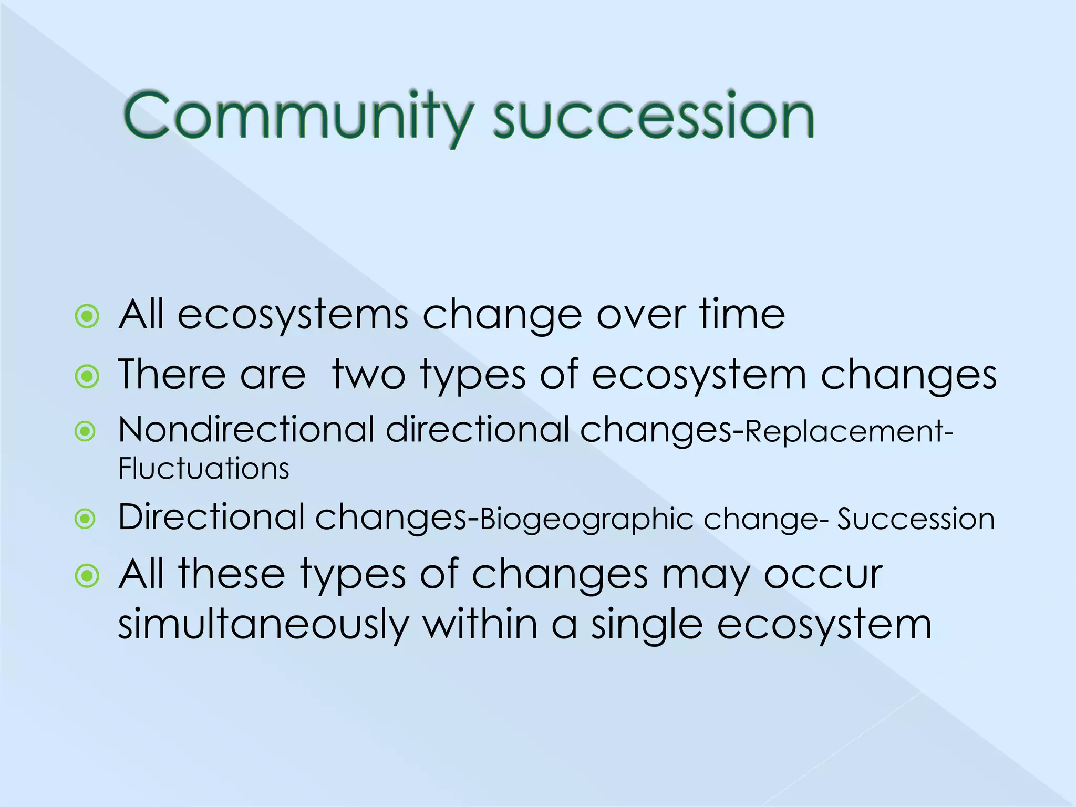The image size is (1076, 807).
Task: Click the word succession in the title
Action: click(653, 117)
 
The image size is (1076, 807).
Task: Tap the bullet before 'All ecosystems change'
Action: click(87, 317)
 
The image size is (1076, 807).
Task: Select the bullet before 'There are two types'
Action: click(87, 376)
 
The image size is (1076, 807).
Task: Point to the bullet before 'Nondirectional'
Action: click(85, 432)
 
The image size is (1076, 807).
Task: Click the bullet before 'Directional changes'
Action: click(85, 519)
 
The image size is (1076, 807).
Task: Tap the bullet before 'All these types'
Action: click(87, 576)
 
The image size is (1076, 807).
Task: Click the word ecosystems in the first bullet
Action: click(293, 315)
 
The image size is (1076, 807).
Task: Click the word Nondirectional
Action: click(246, 430)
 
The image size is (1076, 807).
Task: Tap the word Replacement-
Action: click(849, 432)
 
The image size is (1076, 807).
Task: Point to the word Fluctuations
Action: click(204, 469)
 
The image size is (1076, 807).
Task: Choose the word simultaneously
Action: click(263, 625)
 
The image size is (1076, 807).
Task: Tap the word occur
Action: click(823, 575)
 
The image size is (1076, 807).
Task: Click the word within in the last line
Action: click(480, 624)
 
